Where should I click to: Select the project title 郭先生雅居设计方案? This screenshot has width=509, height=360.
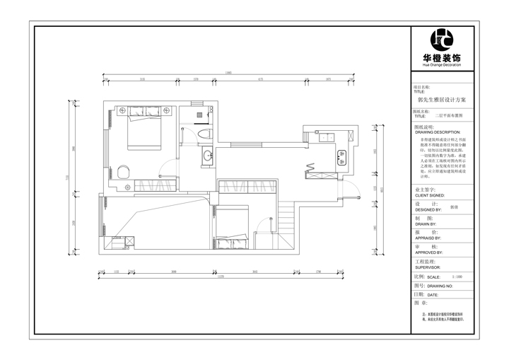pyautogui.click(x=442, y=100)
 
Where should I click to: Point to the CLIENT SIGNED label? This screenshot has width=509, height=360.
pyautogui.click(x=430, y=194)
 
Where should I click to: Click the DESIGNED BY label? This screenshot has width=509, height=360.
pyautogui.click(x=428, y=209)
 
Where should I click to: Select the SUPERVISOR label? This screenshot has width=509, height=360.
pyautogui.click(x=428, y=267)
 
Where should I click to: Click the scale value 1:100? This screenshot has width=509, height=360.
pyautogui.click(x=455, y=277)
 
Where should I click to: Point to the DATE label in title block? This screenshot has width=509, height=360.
pyautogui.click(x=433, y=294)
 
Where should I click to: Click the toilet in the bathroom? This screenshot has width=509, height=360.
pyautogui.click(x=205, y=133)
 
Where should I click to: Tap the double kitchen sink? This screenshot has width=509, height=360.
pyautogui.click(x=342, y=156)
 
